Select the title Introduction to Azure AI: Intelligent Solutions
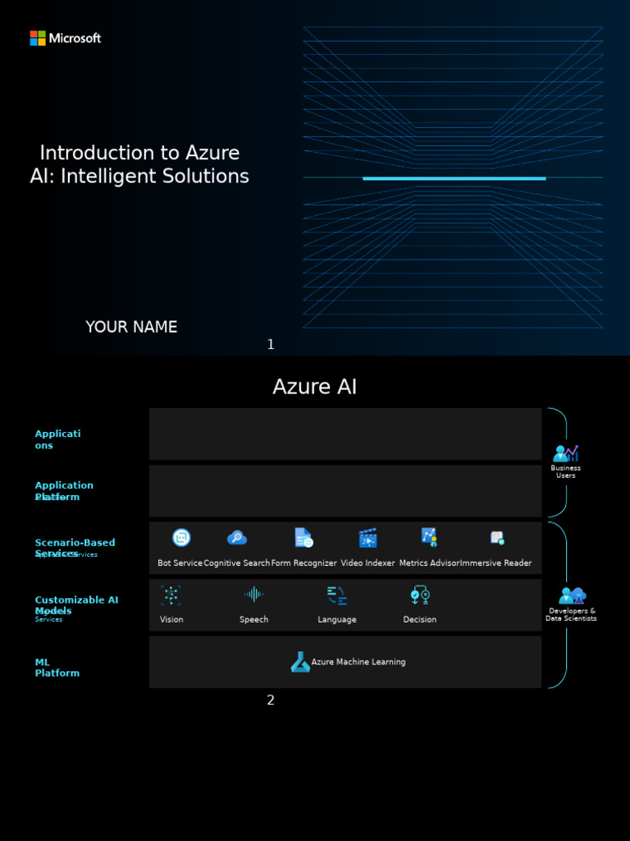[x=139, y=164]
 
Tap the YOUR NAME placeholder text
[x=131, y=327]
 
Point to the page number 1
[x=271, y=345]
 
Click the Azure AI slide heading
[x=315, y=387]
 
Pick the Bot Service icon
[x=181, y=538]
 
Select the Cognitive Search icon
[x=237, y=538]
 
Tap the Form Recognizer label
[x=304, y=563]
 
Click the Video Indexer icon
[x=367, y=538]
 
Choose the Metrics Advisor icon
[x=429, y=537]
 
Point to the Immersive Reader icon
[x=496, y=538]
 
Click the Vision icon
[x=171, y=595]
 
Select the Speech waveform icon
[x=253, y=595]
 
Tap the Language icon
[x=336, y=595]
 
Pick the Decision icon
[x=420, y=595]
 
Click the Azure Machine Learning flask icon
[x=300, y=662]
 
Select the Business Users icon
[x=565, y=453]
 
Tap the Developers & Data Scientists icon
[x=571, y=595]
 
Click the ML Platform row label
[x=57, y=668]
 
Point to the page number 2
[x=271, y=701]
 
